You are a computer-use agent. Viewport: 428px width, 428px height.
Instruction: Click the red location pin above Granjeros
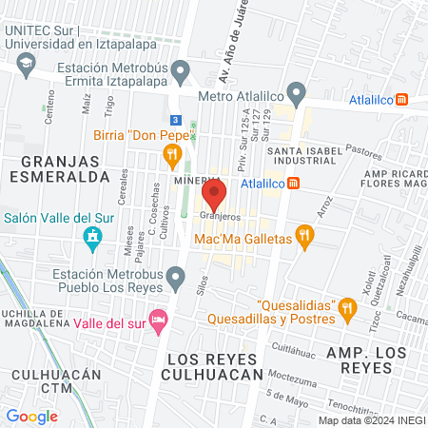click(x=215, y=196)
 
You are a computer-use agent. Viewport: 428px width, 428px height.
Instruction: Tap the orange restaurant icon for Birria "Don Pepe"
click(x=172, y=154)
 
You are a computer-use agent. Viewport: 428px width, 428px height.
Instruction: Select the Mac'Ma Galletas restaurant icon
click(x=304, y=237)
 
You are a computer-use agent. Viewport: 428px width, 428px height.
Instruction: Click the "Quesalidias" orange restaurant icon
click(x=347, y=306)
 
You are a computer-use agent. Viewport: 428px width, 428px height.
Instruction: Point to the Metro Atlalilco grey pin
click(x=297, y=95)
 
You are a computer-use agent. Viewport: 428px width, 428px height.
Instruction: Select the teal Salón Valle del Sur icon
click(x=92, y=238)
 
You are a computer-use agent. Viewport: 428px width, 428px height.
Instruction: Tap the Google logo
click(x=31, y=416)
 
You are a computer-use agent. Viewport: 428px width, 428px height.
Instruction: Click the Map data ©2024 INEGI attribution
click(x=371, y=419)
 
